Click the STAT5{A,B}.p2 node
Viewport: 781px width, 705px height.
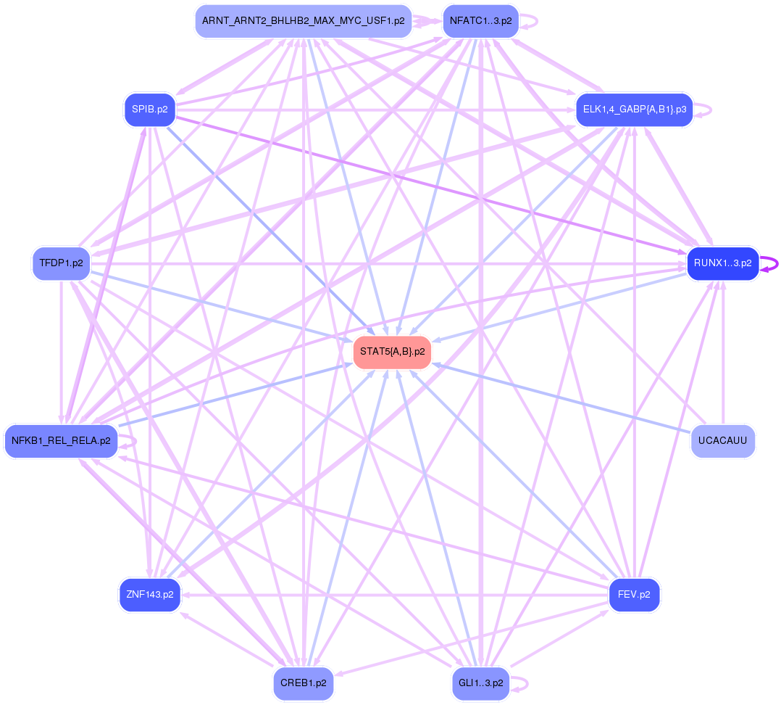point(391,352)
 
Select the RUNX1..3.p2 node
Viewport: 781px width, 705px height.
point(722,263)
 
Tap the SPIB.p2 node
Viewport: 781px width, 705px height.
point(150,110)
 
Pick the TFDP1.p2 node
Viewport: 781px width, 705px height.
point(61,263)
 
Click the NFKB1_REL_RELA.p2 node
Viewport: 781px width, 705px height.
point(61,440)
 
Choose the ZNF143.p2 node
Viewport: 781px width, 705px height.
point(149,595)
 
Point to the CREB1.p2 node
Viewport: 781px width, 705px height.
point(304,683)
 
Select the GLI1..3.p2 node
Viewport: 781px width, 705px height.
point(480,683)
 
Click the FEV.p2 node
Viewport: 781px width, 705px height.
point(634,595)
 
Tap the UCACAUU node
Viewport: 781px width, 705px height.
point(722,440)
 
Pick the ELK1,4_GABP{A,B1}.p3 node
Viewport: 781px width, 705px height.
point(634,110)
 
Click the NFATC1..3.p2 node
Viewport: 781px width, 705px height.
point(480,21)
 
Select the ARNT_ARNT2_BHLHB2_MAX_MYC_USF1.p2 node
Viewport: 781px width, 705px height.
point(304,21)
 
